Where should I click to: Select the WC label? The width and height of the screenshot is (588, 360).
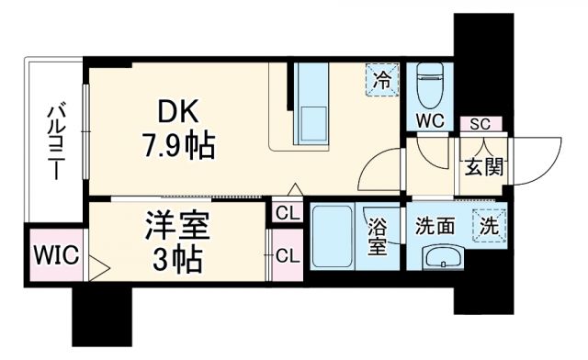point(430,120)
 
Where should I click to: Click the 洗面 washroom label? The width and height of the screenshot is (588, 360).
point(435,224)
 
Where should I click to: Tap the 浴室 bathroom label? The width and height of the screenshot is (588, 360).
point(378,237)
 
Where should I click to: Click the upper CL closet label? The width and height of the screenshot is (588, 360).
point(286,214)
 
